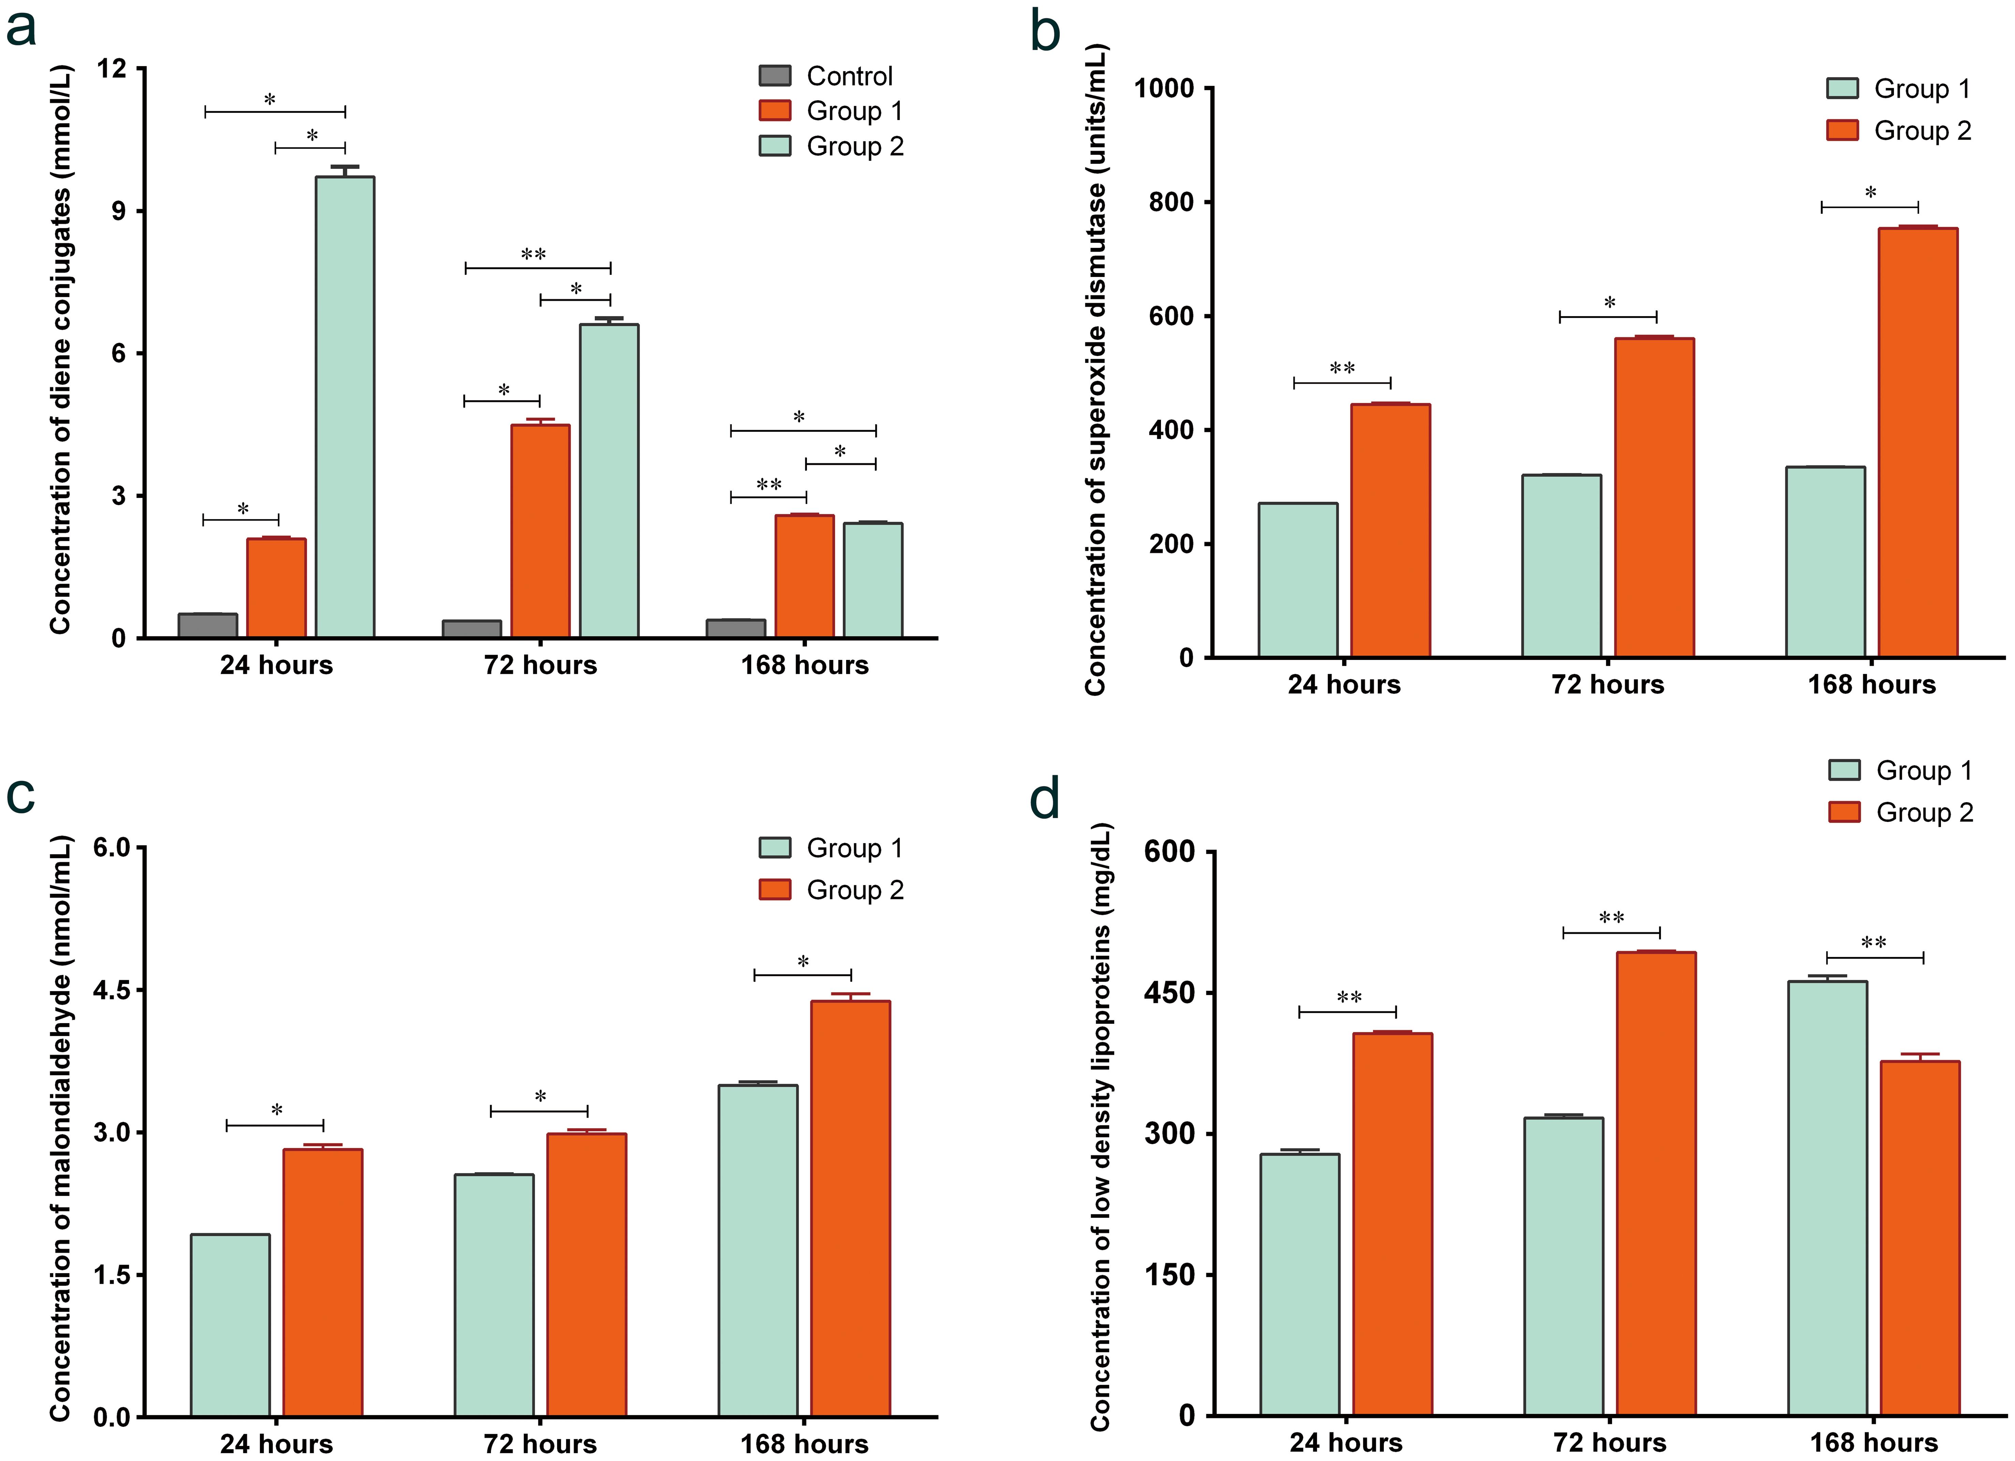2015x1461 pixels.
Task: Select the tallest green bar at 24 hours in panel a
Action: tap(345, 407)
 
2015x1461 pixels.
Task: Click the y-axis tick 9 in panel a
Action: tap(118, 211)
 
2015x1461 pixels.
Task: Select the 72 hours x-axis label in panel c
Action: tap(540, 1444)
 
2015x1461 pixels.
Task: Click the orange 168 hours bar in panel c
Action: tap(850, 1208)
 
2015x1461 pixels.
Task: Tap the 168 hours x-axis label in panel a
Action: tap(804, 665)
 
